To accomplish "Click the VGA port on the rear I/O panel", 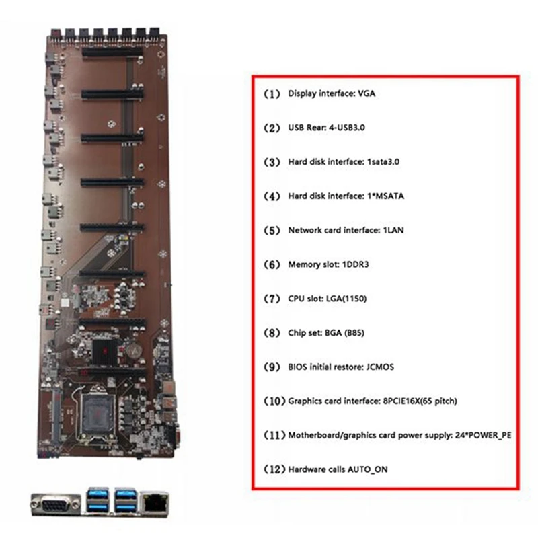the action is coord(56,504).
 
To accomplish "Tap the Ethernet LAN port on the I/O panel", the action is coord(155,503).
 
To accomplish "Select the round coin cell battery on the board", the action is coord(134,350).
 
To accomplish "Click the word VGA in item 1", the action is coord(367,93).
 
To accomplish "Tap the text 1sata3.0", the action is coord(383,161).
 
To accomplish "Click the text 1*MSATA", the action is coord(385,196).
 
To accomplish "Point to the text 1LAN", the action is coord(393,230).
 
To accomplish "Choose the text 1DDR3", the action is coord(356,264).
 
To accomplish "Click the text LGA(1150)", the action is coord(346,299).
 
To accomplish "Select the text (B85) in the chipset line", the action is coord(354,332).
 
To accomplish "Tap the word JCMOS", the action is coord(380,367).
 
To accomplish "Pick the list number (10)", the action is coord(274,401).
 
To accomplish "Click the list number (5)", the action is coord(272,230).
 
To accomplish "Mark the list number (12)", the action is coord(274,469).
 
